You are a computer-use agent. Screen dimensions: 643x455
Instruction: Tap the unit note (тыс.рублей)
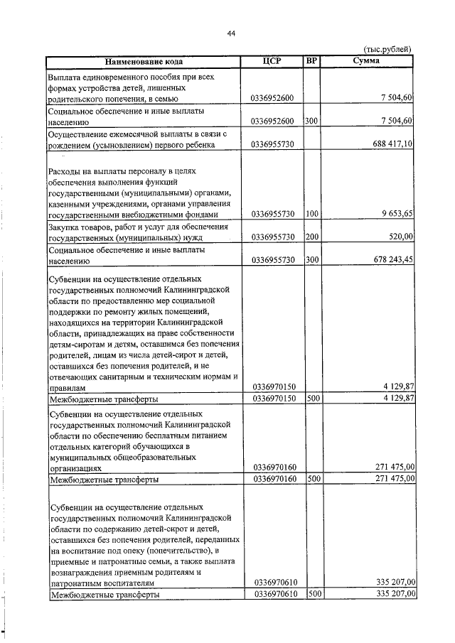click(x=387, y=49)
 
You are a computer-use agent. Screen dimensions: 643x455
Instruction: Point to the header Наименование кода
click(x=144, y=62)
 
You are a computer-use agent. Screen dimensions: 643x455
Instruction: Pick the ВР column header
click(x=311, y=61)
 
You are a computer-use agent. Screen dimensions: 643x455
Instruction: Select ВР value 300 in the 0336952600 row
click(x=311, y=121)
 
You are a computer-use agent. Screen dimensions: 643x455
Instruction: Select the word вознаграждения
click(x=82, y=571)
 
